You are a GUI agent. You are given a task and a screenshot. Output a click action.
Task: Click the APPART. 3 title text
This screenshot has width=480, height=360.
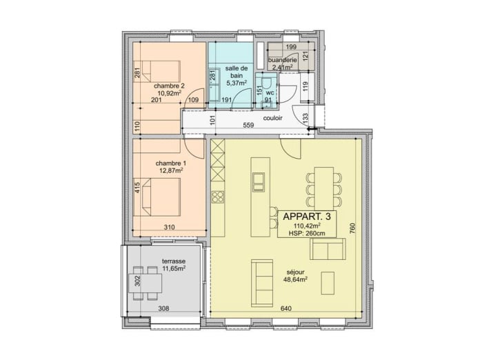click(307, 217)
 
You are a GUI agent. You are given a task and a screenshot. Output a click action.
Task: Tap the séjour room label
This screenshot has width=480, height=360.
click(295, 272)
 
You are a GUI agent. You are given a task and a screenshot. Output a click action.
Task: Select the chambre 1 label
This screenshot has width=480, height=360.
click(170, 163)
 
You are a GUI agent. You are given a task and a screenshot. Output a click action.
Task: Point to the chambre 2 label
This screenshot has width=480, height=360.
click(169, 86)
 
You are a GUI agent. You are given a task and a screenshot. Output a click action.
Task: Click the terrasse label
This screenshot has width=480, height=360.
click(174, 261)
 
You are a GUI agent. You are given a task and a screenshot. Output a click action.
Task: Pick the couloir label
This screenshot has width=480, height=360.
click(272, 118)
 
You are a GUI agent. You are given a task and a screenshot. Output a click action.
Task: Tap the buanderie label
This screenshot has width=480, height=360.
click(283, 60)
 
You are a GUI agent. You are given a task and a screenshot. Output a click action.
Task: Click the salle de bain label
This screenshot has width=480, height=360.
click(237, 72)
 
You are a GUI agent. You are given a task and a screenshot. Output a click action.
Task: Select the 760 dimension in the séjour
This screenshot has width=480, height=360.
click(352, 229)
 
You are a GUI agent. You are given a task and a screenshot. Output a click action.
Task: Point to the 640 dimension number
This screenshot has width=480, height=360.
click(286, 308)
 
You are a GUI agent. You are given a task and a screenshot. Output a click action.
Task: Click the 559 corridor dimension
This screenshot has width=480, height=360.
click(248, 125)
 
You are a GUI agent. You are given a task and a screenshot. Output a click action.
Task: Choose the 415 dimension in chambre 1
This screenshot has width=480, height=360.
click(137, 188)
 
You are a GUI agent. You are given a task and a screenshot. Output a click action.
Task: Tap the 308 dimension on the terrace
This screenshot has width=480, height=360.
click(163, 308)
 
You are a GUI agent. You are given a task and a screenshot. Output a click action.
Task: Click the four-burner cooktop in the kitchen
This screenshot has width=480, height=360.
click(218, 197)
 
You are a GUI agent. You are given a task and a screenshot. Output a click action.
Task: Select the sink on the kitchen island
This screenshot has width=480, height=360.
click(258, 182)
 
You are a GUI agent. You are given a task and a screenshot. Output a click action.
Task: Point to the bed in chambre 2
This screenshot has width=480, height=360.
click(157, 71)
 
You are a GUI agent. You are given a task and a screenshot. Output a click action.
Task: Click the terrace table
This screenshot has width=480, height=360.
click(145, 283)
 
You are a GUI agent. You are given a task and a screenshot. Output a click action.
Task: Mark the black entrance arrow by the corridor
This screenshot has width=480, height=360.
click(312, 130)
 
